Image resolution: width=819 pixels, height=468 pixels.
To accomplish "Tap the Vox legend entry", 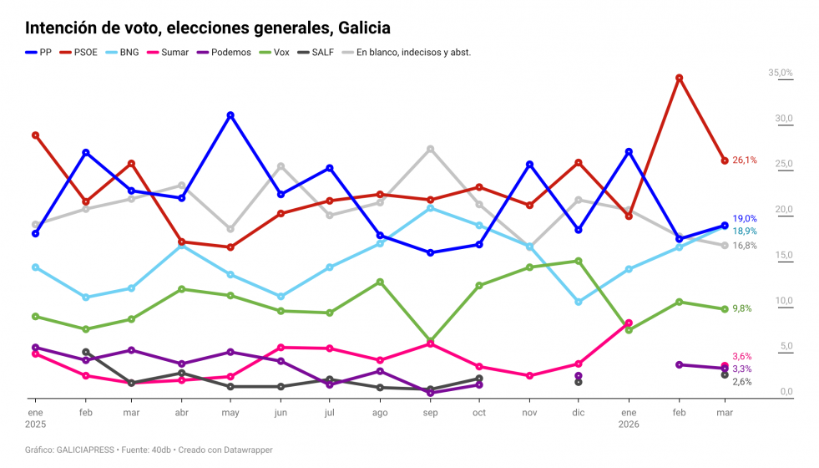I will tap(272, 52).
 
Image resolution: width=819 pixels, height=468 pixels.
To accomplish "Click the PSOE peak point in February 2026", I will tap(679, 78).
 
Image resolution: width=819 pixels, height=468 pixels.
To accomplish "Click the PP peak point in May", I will tap(230, 115).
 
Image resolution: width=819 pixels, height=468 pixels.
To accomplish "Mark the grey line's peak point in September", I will tap(430, 149).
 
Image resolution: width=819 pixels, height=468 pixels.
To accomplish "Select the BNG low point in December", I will tap(579, 302).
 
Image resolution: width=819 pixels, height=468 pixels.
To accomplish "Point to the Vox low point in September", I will tap(430, 341).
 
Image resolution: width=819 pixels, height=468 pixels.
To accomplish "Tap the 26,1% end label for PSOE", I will tap(745, 160).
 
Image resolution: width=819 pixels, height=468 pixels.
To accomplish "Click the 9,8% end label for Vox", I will tap(741, 308).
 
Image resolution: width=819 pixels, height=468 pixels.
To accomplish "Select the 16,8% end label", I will tap(745, 246).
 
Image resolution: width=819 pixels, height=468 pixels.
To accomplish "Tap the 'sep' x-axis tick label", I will tap(430, 414).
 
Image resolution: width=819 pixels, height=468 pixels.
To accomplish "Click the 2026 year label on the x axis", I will tap(629, 425).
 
